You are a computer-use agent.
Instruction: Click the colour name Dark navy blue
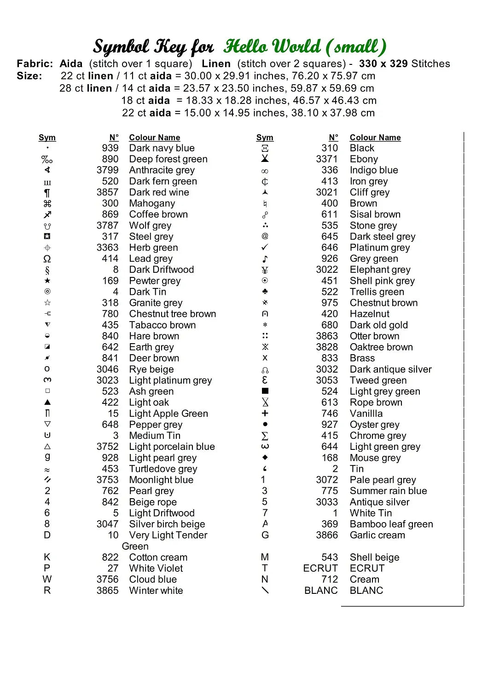[162, 148]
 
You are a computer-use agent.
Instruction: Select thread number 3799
[107, 170]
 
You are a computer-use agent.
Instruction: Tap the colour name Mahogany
[152, 203]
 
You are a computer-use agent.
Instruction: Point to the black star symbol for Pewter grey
[47, 281]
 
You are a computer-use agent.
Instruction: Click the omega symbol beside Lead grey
[47, 259]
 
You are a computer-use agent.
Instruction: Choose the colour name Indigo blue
[374, 170]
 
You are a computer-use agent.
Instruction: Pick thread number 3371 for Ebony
[327, 159]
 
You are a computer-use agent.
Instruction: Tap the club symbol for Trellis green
[265, 292]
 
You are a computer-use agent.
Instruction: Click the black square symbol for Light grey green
[265, 391]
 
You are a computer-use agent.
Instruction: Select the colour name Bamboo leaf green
[391, 524]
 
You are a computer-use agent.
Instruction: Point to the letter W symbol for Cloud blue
[47, 579]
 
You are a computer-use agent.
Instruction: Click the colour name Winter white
[156, 590]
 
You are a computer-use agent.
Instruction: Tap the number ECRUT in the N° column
[320, 568]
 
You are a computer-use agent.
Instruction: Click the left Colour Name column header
[155, 138]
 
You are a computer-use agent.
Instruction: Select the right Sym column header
[265, 138]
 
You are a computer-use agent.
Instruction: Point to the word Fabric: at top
[35, 63]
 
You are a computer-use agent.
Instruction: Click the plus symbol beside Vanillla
[265, 413]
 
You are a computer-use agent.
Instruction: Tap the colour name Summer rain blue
[388, 491]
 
